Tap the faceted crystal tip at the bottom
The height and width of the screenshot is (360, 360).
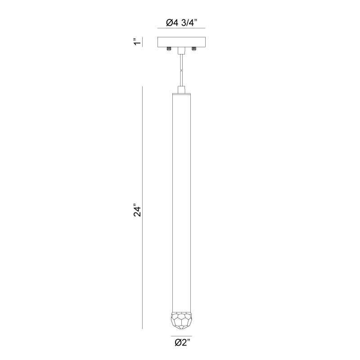tap(181, 320)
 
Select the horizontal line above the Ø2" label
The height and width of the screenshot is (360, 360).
tap(181, 336)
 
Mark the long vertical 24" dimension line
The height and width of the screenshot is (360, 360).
tap(143, 207)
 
